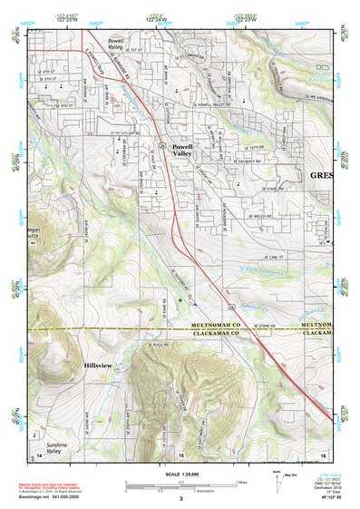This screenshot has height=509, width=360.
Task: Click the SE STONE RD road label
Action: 263,324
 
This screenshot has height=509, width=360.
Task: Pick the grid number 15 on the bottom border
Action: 180,454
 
